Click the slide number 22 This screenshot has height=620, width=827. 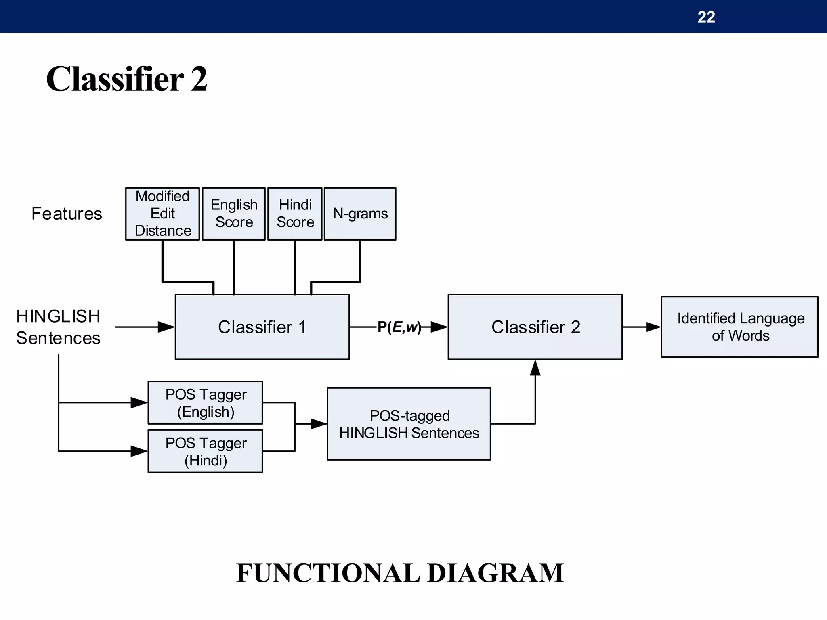[706, 17]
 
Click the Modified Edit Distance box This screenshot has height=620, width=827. [162, 214]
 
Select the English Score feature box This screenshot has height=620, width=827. [234, 214]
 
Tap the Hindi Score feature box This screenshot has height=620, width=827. [295, 214]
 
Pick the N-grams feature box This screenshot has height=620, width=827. [360, 214]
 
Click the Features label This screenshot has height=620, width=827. [67, 214]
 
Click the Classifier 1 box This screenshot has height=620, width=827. [262, 327]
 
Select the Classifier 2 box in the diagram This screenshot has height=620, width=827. [535, 327]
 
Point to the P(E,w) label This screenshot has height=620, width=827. [399, 327]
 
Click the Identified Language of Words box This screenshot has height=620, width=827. [740, 327]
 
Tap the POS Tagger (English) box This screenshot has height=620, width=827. [205, 402]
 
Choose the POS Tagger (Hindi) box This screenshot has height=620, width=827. [205, 451]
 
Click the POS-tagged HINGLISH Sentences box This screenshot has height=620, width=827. [409, 424]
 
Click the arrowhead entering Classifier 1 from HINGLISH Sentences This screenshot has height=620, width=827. [166, 327]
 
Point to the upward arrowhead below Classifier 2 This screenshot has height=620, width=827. [535, 368]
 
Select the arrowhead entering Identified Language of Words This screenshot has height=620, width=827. [653, 327]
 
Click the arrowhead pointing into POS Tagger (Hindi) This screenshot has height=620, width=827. [139, 451]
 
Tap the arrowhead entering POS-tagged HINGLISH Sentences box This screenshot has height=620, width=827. [319, 424]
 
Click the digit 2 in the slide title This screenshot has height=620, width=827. [199, 79]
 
